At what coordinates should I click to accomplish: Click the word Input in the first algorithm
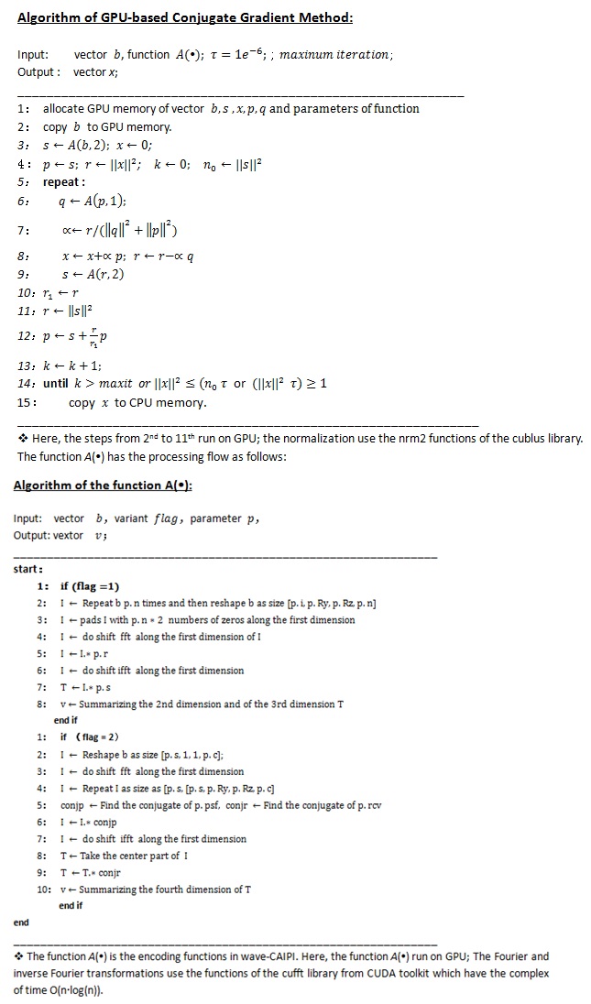(x=32, y=55)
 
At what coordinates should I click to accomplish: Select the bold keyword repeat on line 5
(x=64, y=181)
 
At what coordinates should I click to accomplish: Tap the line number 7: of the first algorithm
(x=25, y=228)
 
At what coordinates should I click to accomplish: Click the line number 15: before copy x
(x=27, y=402)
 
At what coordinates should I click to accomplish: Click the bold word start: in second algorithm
(x=27, y=569)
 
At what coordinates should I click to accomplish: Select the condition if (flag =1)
(x=90, y=586)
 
